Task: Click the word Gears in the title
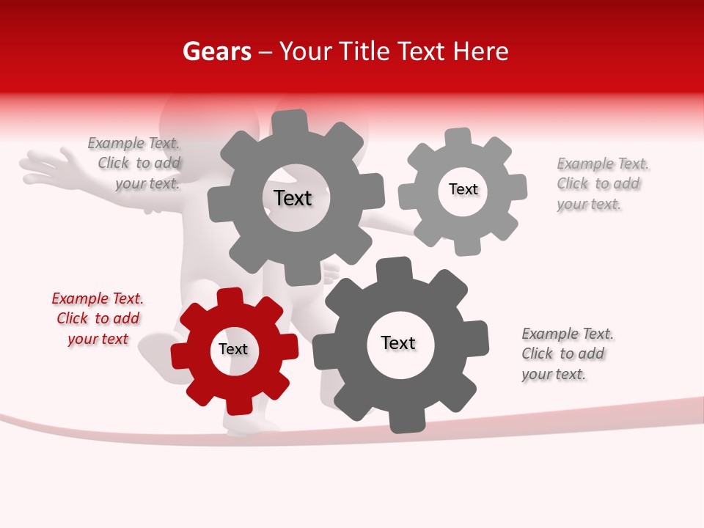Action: (216, 51)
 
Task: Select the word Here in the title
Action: (481, 51)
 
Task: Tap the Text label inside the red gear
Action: (233, 350)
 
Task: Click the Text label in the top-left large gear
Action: (293, 198)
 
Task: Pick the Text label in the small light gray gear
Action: (463, 189)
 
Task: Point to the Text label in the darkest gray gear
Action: (398, 343)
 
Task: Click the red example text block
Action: (98, 318)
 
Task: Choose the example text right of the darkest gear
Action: (566, 353)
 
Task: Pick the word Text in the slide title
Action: (422, 51)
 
